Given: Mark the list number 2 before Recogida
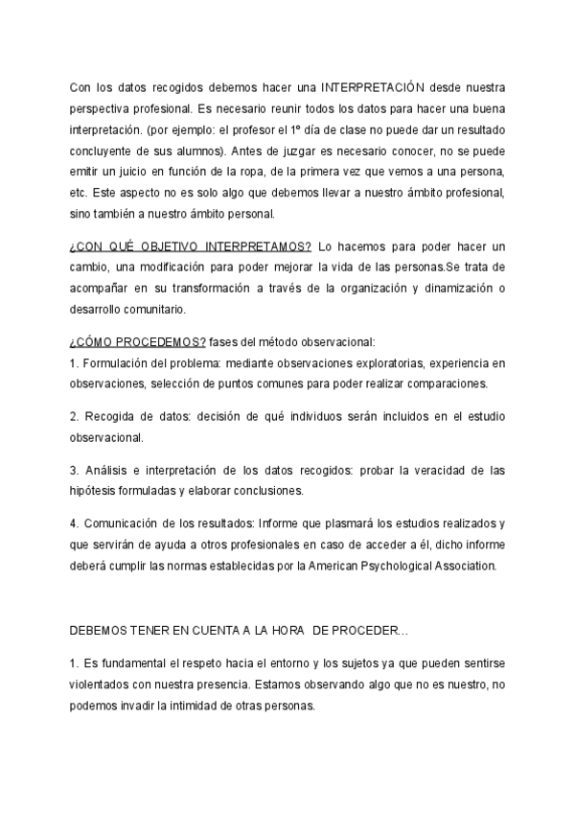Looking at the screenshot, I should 73,417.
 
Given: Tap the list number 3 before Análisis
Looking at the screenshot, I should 73,471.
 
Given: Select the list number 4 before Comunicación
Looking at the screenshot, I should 73,523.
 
